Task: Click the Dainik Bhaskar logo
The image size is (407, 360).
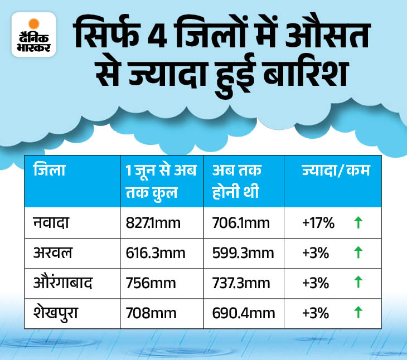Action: (33, 35)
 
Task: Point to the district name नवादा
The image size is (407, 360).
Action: (53, 223)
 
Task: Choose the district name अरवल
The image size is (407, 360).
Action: (53, 252)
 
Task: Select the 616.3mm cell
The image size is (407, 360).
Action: (156, 252)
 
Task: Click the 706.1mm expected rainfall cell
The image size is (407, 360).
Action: (240, 223)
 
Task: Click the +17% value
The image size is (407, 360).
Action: (317, 223)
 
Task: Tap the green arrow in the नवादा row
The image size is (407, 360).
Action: (358, 223)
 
